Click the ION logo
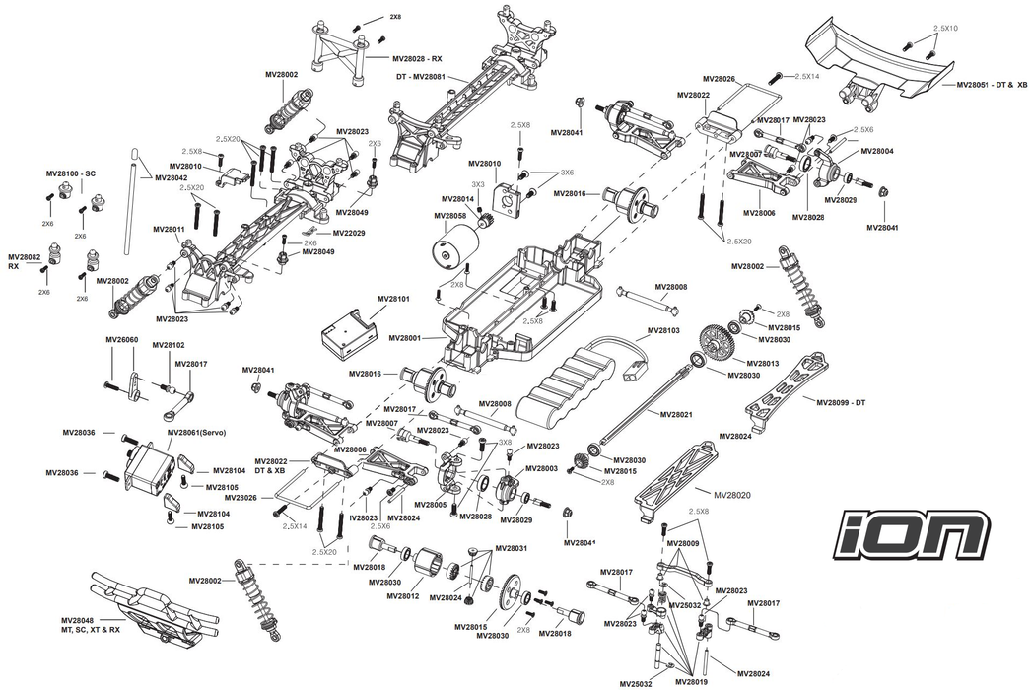point(914,533)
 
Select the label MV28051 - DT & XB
point(991,86)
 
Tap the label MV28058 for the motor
point(449,215)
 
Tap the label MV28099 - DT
point(840,401)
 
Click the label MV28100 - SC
point(70,173)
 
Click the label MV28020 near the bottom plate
point(730,494)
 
